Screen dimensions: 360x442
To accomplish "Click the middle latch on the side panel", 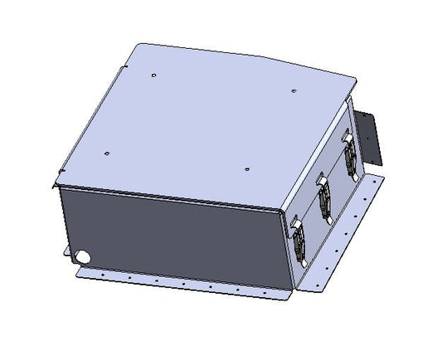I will tap(325, 198).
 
